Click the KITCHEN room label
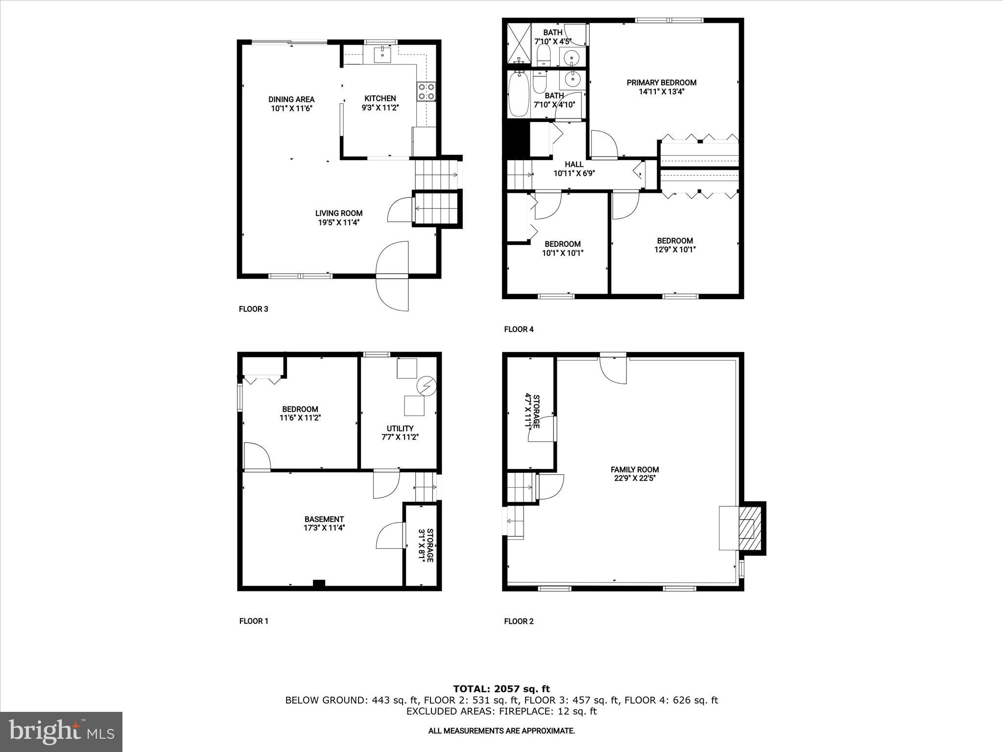tap(380, 98)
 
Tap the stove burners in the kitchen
tap(426, 92)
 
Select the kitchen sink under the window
tap(382, 55)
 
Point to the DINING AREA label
tap(291, 99)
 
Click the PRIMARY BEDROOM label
tap(661, 82)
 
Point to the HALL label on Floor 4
tap(573, 164)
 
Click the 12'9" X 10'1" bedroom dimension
tap(674, 249)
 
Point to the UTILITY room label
tap(400, 428)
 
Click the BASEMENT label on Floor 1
tap(324, 519)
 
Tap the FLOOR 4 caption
tap(519, 329)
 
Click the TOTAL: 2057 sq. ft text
tap(501, 689)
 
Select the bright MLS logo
tap(61, 731)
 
